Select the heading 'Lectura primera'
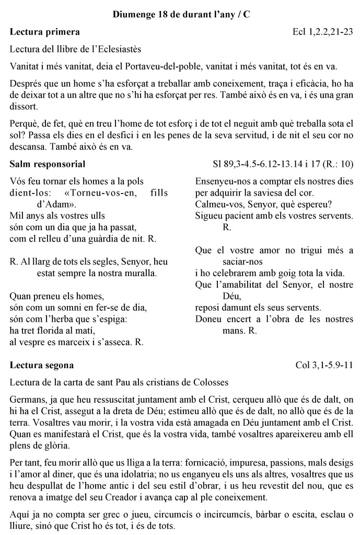[45, 32]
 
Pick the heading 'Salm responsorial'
[48, 164]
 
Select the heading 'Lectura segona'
[42, 365]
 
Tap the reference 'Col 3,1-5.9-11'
[324, 365]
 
